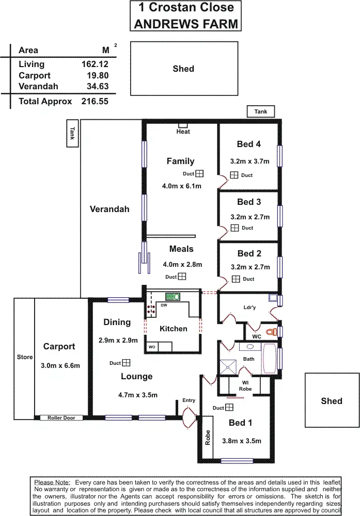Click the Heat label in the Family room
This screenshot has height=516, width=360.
click(183, 132)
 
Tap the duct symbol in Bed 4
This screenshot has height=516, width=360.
click(234, 175)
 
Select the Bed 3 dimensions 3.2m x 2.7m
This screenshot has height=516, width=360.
click(249, 217)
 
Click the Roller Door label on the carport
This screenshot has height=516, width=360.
click(61, 418)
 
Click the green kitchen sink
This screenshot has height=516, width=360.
click(172, 297)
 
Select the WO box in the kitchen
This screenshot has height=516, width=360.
click(152, 347)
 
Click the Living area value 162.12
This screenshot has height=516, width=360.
click(95, 64)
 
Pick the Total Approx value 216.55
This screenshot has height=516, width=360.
click(95, 101)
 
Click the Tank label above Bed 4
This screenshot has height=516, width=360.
click(261, 111)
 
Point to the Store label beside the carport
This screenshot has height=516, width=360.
click(24, 357)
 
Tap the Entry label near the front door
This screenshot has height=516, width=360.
click(189, 400)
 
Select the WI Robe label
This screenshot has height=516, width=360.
click(245, 385)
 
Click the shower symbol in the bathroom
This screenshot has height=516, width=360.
click(228, 366)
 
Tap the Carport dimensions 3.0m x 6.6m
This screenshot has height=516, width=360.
click(60, 365)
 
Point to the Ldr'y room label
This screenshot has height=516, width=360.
click(249, 308)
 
